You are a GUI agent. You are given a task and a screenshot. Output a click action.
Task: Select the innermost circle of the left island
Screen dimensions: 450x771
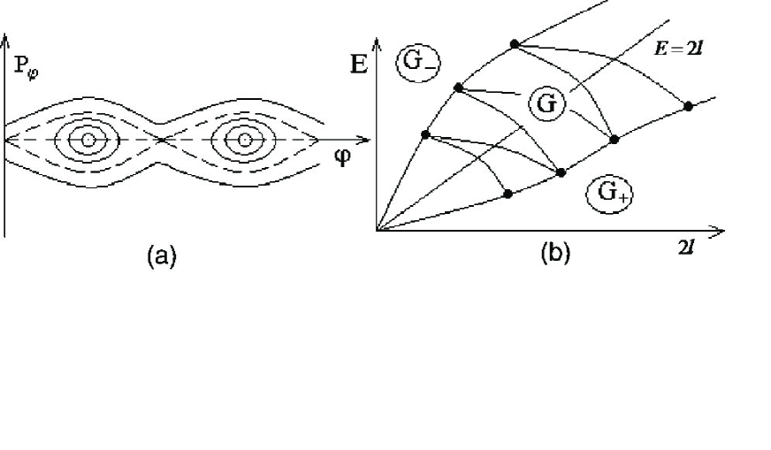87,140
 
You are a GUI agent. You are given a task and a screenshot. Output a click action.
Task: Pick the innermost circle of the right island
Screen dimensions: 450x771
240,140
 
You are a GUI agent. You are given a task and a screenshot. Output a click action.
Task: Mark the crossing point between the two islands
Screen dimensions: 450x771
160,140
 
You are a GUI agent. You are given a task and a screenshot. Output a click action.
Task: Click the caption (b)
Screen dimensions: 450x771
554,254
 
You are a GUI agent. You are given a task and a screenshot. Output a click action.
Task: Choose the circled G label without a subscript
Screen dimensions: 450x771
546,103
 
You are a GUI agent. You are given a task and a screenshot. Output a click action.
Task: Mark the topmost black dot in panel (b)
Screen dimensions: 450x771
514,43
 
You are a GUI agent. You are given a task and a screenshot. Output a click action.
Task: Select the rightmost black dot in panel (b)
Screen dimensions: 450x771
688,106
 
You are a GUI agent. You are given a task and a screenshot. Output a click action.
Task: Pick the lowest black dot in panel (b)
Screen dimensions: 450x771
507,194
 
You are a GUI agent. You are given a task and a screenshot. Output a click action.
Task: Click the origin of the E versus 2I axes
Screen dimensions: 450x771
377,231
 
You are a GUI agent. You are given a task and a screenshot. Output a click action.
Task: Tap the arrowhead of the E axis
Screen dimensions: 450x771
377,41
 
